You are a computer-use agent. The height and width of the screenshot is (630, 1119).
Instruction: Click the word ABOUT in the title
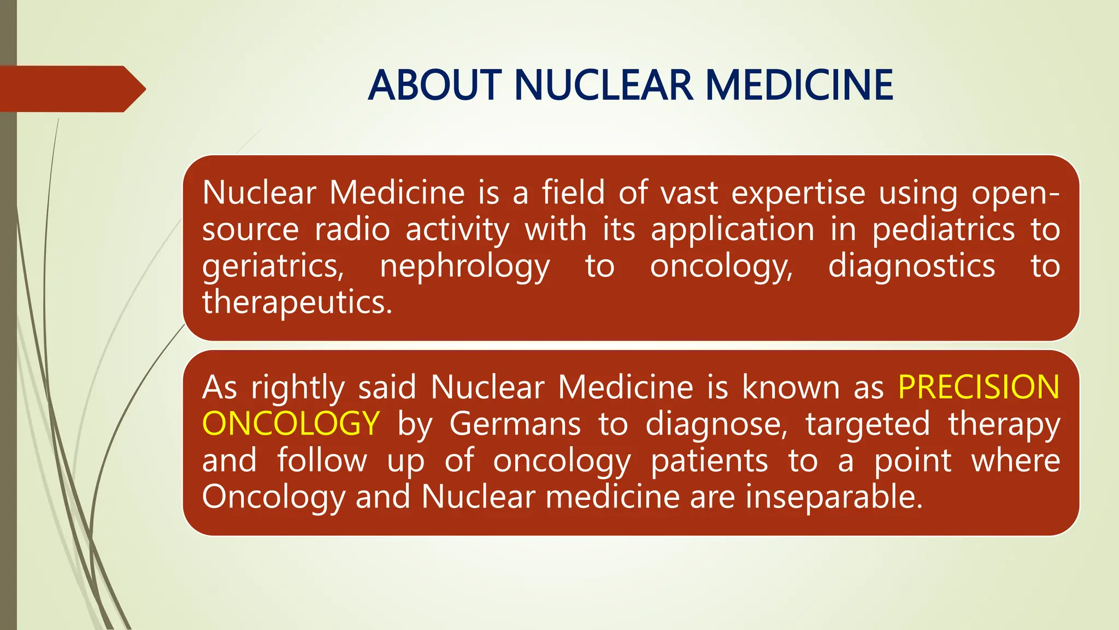(435, 85)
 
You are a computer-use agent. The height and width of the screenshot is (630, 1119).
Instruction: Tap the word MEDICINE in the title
(799, 85)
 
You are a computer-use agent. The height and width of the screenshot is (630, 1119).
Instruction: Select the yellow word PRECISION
(979, 387)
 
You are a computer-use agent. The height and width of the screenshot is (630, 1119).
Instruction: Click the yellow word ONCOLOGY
(291, 424)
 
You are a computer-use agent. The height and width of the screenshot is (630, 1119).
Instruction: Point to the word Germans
(515, 424)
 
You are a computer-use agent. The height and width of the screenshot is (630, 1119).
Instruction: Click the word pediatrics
(943, 229)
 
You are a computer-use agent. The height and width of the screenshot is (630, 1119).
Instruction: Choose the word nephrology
(464, 267)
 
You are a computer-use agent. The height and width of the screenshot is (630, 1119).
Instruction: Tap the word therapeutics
(297, 302)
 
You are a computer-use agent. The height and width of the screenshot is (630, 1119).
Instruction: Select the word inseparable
(834, 497)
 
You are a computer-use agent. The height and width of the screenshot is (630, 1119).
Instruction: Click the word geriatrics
(273, 267)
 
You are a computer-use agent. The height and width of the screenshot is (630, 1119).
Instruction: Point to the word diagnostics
(911, 267)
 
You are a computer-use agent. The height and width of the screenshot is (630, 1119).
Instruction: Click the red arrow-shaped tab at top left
(71, 89)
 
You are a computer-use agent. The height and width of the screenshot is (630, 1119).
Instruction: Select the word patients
(709, 460)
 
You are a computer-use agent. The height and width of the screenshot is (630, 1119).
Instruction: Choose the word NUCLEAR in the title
(604, 85)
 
